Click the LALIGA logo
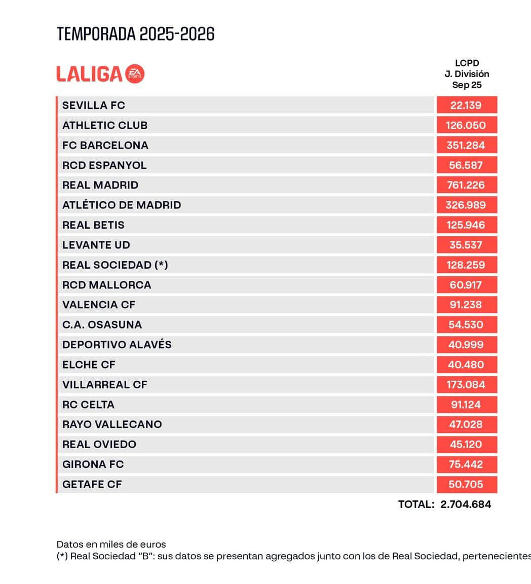(x=100, y=74)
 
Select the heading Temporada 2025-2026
(x=136, y=34)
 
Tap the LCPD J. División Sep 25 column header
(x=467, y=74)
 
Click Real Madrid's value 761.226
(x=466, y=185)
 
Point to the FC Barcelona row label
(x=105, y=145)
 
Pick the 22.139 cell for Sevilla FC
(x=466, y=105)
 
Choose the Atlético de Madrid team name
(x=122, y=205)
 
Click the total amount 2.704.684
(x=466, y=504)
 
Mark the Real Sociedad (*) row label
(x=115, y=265)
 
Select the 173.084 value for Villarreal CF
(x=466, y=384)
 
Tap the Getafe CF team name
(x=92, y=484)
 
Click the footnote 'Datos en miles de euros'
(x=111, y=544)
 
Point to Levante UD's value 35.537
(x=466, y=245)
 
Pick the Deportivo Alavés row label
(x=117, y=345)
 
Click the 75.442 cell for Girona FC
(x=466, y=464)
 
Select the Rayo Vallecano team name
(x=112, y=424)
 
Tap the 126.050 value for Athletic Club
(x=466, y=125)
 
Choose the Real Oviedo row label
(x=99, y=444)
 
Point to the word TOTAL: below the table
(x=416, y=504)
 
